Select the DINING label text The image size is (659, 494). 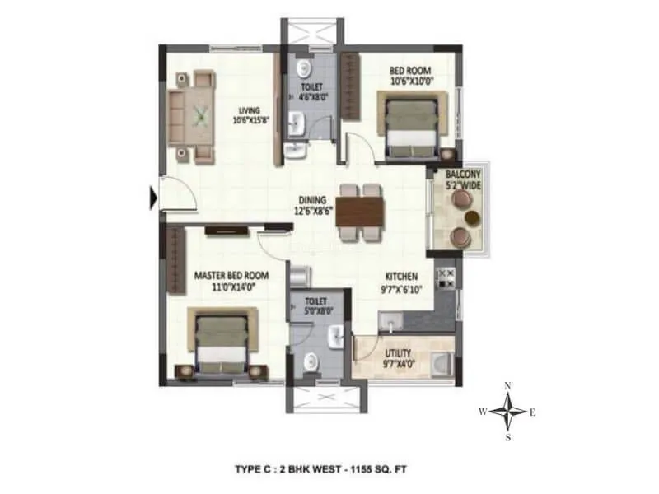313,199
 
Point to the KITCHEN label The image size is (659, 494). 400,276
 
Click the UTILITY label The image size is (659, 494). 398,353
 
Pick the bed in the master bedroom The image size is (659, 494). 222,339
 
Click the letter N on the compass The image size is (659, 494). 508,386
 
